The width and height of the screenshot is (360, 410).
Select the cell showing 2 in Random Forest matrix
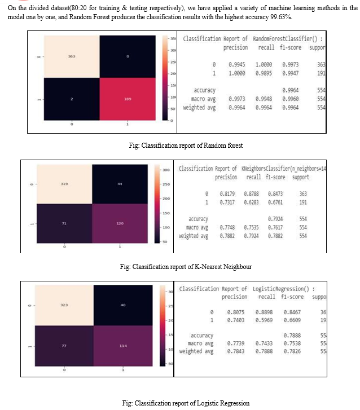click(71, 99)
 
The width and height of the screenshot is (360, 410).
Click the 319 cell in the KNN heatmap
click(65, 184)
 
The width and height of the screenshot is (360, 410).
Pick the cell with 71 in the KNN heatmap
click(65, 224)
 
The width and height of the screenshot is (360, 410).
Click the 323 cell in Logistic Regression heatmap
click(64, 305)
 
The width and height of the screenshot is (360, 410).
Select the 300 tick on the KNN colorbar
click(166, 170)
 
